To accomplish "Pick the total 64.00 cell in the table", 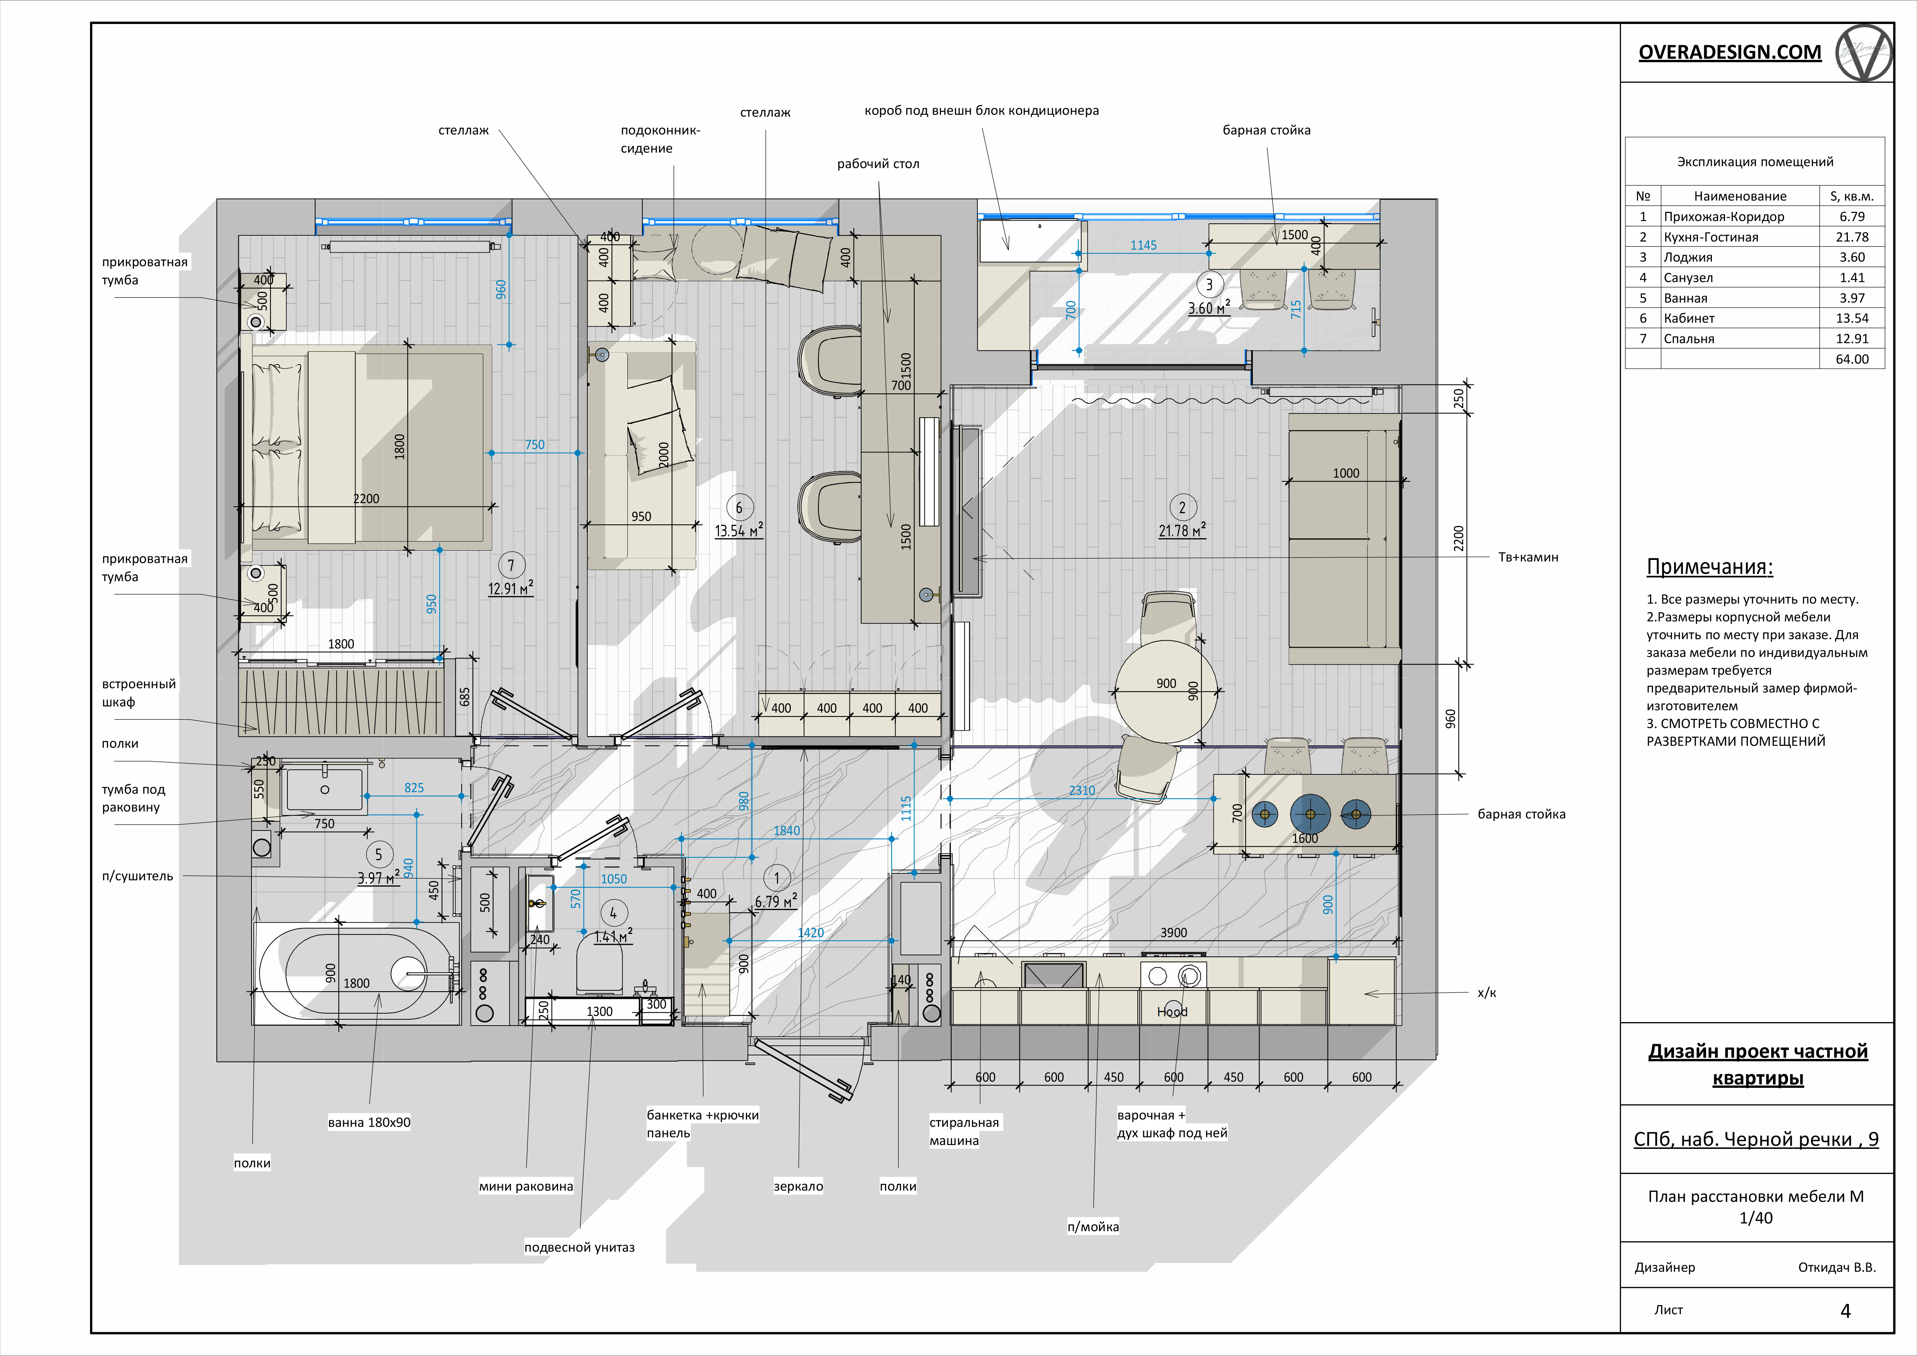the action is pos(1852,359).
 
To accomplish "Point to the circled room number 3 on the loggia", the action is pos(1209,285).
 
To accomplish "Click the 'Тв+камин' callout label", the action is pos(1528,557).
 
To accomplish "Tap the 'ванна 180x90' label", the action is pos(369,1122).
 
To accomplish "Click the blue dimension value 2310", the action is pos(1082,790).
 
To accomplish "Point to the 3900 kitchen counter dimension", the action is pos(1173,933).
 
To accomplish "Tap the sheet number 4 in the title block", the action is pos(1845,1311).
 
